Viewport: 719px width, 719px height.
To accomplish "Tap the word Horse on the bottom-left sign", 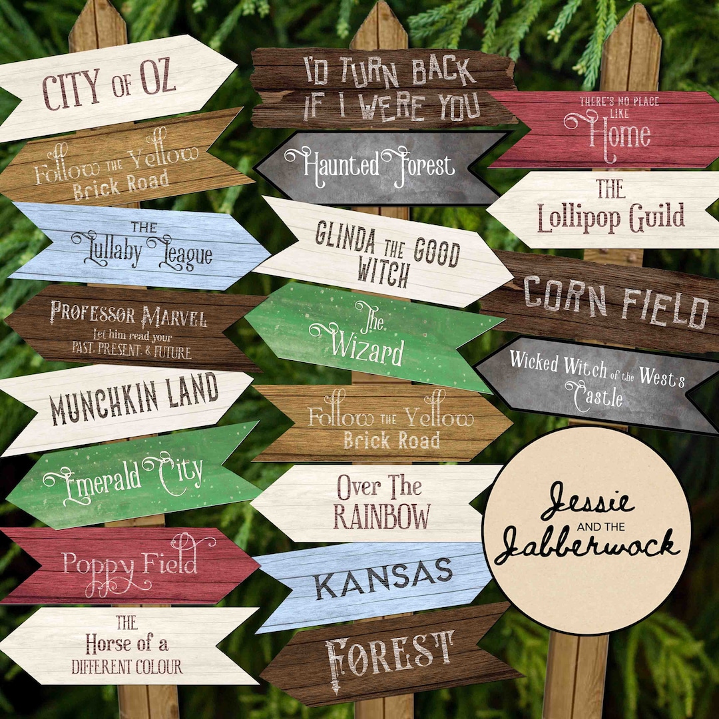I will (x=111, y=644).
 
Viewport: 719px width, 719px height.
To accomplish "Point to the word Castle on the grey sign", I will (x=598, y=395).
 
